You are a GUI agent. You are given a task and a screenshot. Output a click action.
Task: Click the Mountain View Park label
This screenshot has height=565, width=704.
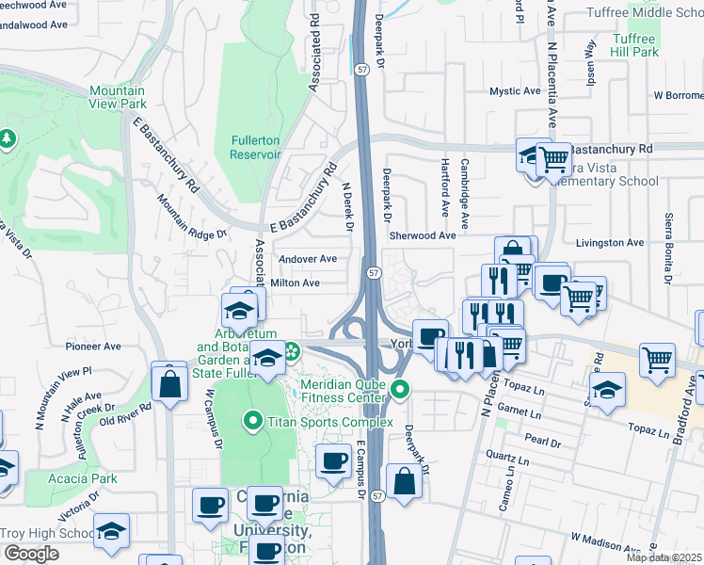118,97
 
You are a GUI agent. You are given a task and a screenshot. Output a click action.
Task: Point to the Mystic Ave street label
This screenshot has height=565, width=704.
514,91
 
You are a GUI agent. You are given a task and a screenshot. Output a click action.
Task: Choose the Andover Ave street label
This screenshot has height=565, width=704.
307,259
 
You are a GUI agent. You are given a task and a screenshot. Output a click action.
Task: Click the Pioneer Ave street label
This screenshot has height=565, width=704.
94,347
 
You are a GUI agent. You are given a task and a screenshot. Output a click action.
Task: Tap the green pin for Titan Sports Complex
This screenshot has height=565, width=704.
251,420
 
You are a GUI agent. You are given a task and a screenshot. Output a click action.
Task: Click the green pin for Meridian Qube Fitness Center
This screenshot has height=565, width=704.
401,388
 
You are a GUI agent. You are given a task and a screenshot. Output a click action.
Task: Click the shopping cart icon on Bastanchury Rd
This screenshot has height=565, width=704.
554,156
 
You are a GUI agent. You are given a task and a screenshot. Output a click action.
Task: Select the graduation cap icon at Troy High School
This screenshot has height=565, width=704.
111,530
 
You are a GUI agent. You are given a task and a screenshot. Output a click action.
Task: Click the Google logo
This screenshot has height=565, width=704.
31,554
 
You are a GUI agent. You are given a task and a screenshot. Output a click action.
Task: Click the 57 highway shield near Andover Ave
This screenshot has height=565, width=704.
374,272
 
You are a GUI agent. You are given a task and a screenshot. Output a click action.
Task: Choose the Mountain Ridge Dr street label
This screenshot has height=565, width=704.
193,218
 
